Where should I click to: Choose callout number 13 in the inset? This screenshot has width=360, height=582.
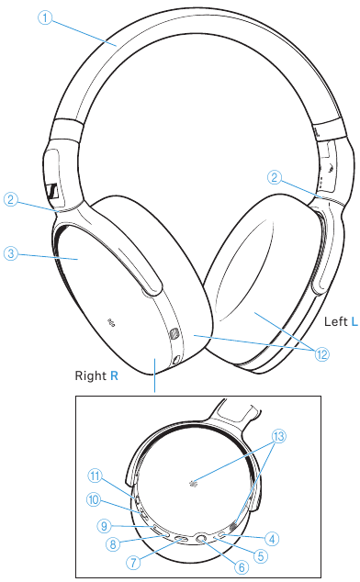click(279, 435)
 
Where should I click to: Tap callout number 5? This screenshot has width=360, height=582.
click(262, 554)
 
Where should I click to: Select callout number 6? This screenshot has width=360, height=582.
click(242, 566)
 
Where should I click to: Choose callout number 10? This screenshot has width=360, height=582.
click(94, 500)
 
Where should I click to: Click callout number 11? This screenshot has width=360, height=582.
click(94, 476)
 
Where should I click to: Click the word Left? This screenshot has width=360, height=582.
click(334, 321)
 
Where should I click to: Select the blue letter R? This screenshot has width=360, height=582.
click(114, 376)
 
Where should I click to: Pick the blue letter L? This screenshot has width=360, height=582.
click(354, 321)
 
